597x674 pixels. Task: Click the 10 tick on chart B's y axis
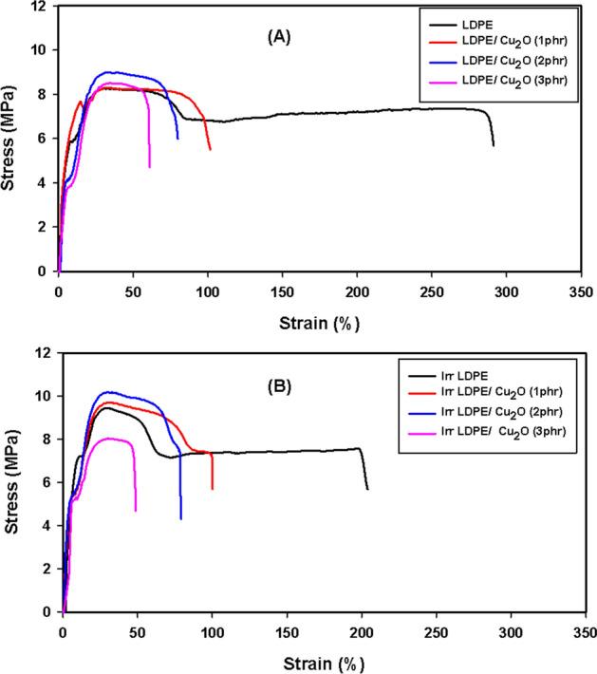[x=44, y=396]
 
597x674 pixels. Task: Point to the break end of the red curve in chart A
[x=210, y=149]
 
